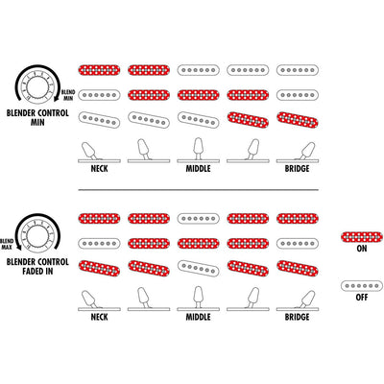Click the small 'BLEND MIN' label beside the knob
pos(67,95)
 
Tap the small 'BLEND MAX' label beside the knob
pos(7,244)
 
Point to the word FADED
pos(33,272)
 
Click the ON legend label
pos(362,249)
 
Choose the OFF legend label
pos(362,298)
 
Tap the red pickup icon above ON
pos(362,237)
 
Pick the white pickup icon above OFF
pos(362,286)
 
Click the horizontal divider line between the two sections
pos(199,190)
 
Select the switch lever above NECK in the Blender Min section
pos(89,151)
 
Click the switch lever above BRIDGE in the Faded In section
pos(305,299)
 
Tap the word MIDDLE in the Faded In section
pos(198,317)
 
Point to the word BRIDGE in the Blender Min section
pos(297,169)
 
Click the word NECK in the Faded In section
pos(99,317)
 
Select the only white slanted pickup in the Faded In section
pos(199,268)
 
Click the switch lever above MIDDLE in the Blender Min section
pos(198,148)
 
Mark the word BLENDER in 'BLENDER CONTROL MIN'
pos(21,113)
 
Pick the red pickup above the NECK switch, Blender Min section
pos(99,70)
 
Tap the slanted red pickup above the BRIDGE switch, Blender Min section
pos(298,120)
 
